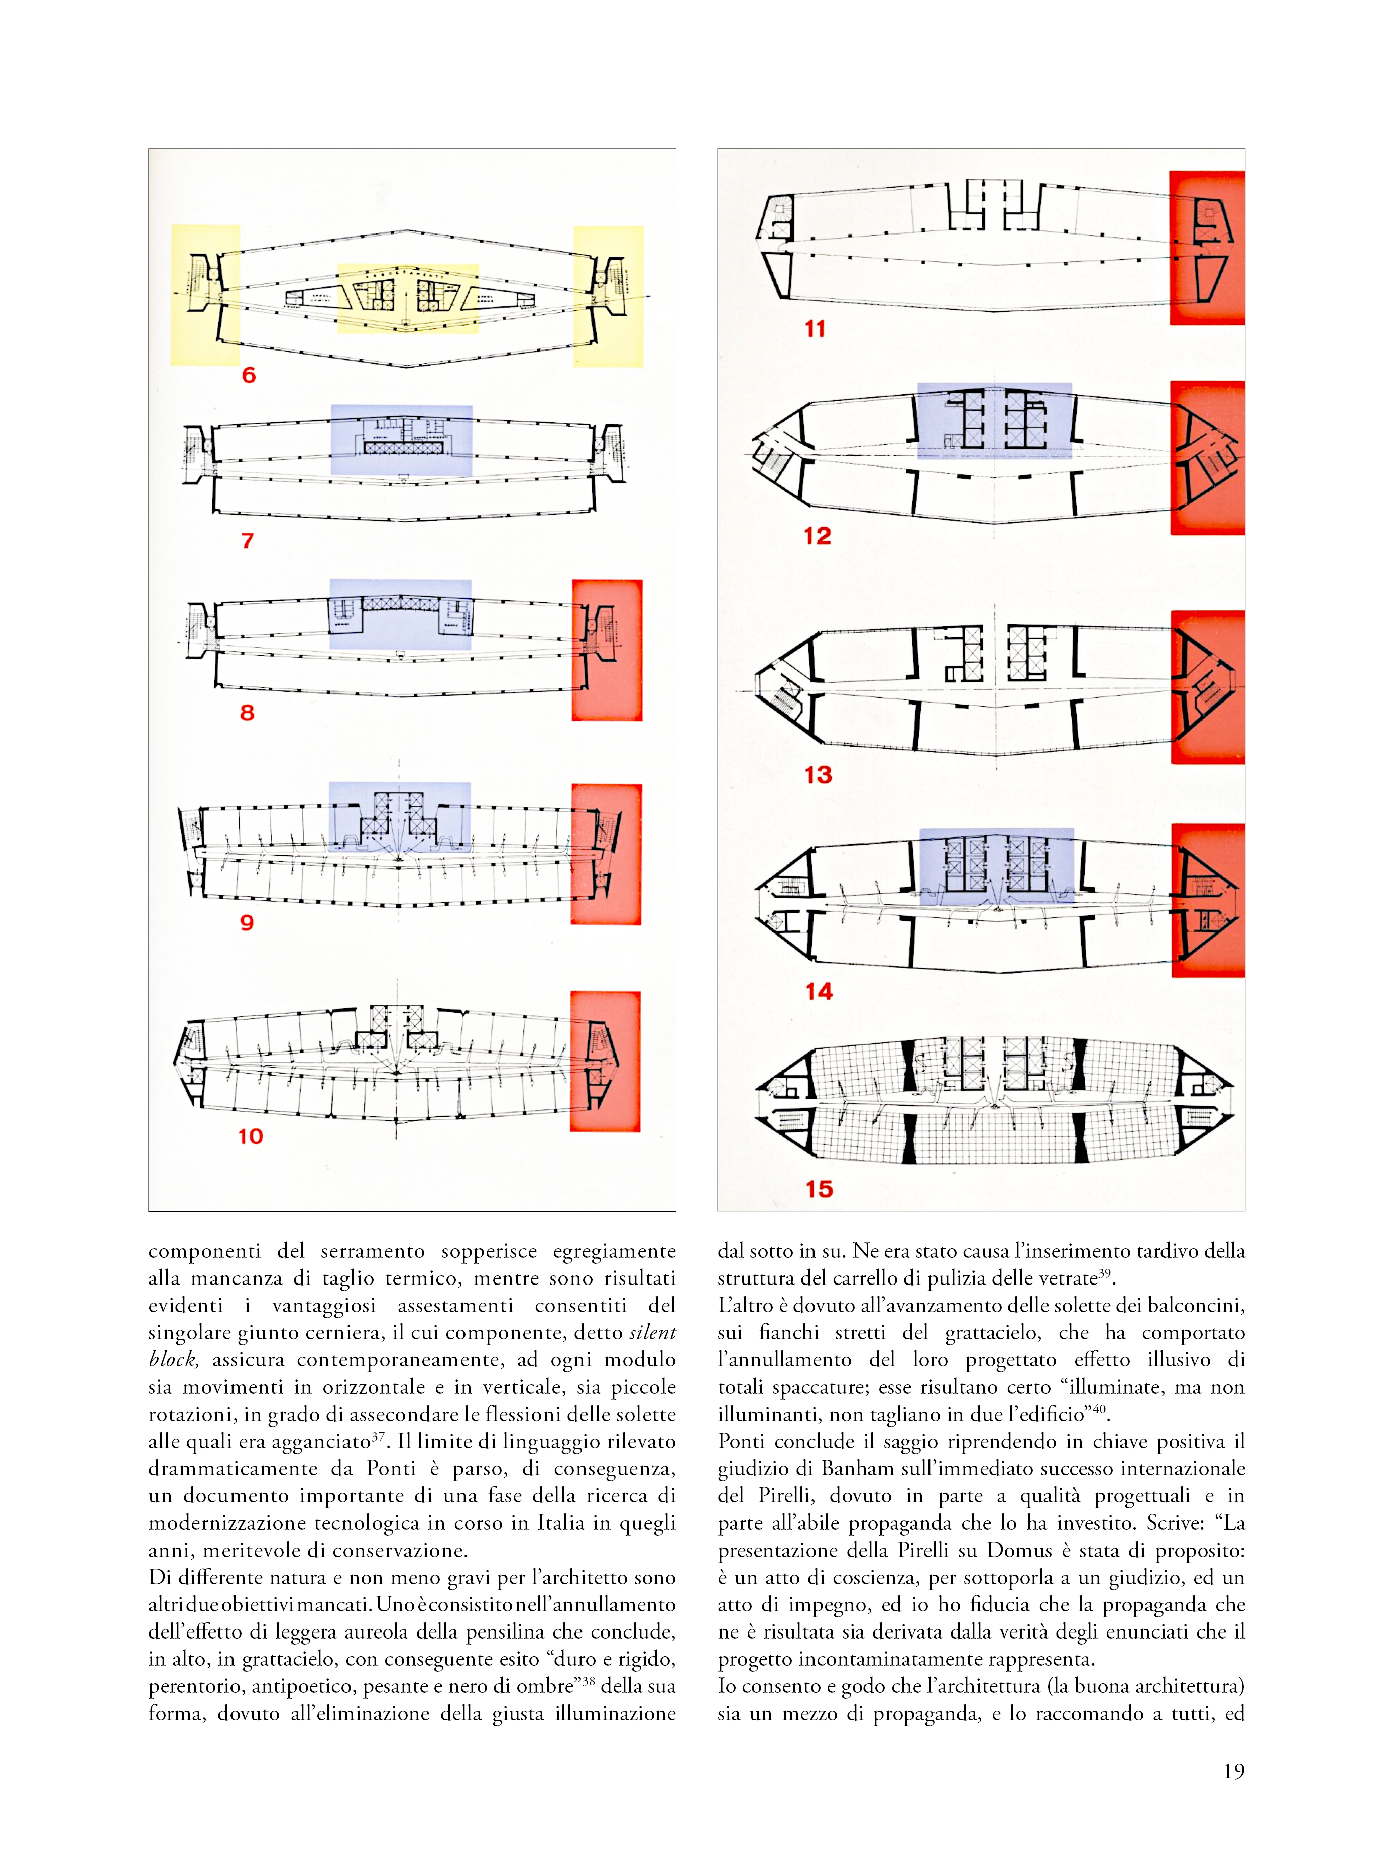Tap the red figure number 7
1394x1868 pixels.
click(x=247, y=541)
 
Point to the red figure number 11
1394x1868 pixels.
click(x=815, y=329)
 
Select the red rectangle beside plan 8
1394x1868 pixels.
click(x=607, y=650)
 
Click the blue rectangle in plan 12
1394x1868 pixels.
click(x=994, y=420)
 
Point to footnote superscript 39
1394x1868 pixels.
click(x=1105, y=1273)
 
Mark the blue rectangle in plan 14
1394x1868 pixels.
click(x=996, y=865)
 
